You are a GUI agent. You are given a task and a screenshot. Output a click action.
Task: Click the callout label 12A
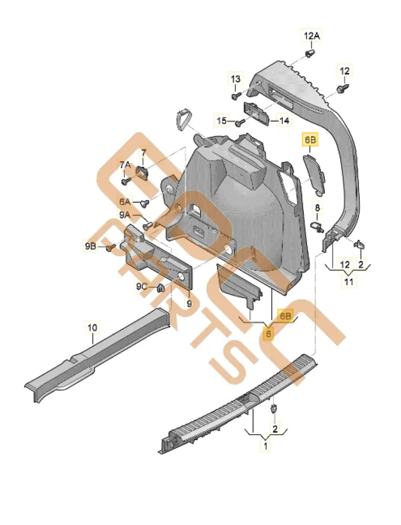point(311,36)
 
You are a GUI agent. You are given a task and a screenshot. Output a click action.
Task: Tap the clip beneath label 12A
point(310,54)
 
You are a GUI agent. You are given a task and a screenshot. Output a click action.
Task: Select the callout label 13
point(236,79)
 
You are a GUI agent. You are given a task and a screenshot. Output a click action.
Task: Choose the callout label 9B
point(90,246)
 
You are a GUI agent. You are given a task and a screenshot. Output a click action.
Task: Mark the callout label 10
point(92,328)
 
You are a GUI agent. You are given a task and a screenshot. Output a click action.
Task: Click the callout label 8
point(316,209)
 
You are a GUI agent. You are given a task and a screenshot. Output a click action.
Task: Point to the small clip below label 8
point(316,226)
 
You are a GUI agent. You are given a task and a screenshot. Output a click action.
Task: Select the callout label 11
point(349,282)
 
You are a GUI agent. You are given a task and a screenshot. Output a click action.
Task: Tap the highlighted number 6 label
point(268,333)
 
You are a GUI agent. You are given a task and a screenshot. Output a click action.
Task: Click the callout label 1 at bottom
point(266,446)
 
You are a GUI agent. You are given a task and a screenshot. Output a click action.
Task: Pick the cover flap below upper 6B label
point(314,172)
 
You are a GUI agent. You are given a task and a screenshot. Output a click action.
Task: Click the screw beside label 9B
point(111,247)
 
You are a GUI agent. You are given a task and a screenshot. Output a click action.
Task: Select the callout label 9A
point(125,215)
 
